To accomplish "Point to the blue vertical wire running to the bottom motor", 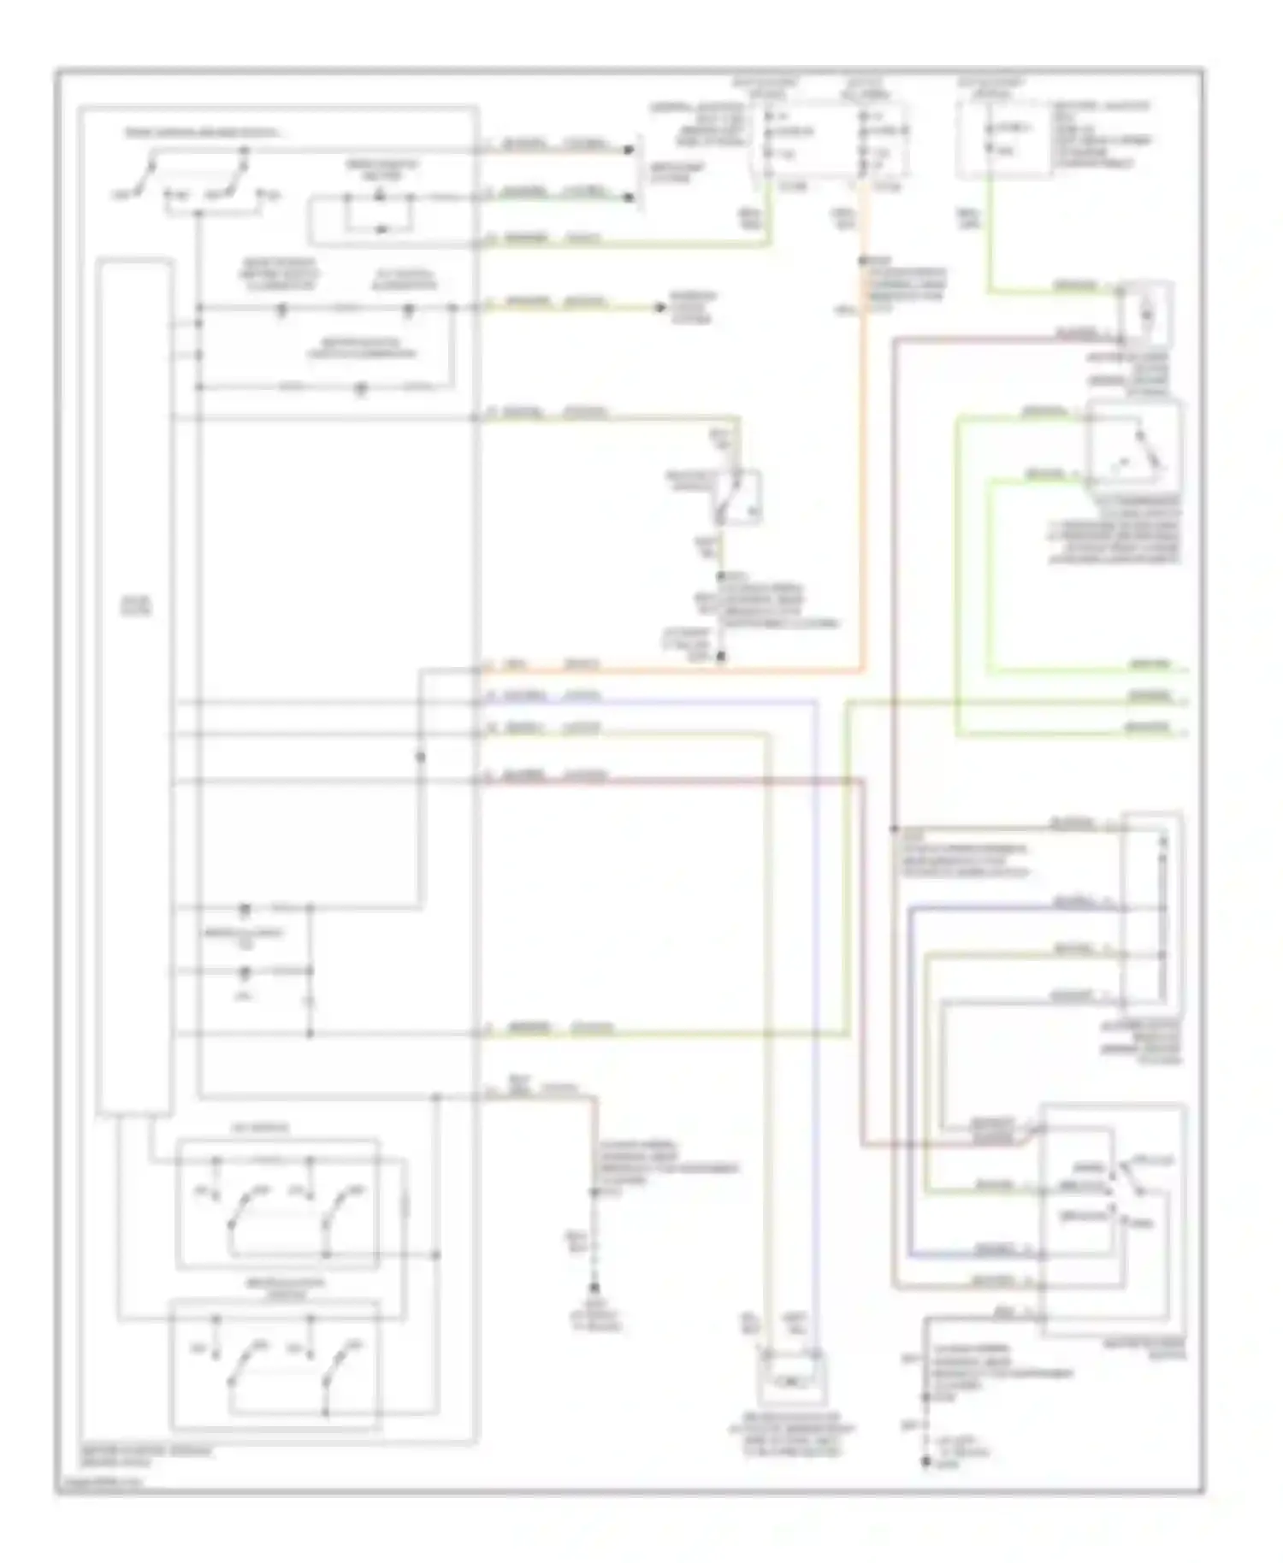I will click(x=814, y=1026).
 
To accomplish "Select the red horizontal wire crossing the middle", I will click(x=667, y=781).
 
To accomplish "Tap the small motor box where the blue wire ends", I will click(x=792, y=1377).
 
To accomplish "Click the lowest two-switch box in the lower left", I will click(x=275, y=1364).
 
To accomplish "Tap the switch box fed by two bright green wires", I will click(x=1133, y=445).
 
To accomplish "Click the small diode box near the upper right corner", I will click(x=1146, y=315).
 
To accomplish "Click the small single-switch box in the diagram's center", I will click(x=737, y=497).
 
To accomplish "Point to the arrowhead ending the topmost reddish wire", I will click(x=630, y=150).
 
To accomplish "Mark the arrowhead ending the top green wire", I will click(x=630, y=198).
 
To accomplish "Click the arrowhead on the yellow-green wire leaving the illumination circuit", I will click(x=661, y=307).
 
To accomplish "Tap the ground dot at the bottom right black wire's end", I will click(x=925, y=1462).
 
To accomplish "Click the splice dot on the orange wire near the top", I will click(x=863, y=261).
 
